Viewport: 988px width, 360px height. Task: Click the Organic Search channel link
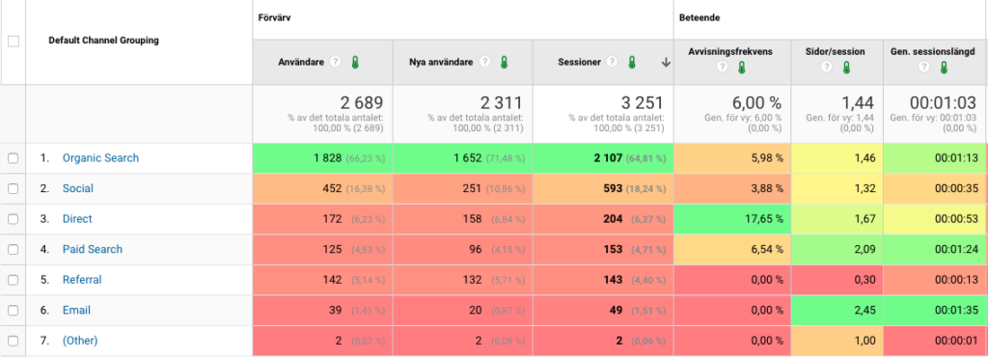tap(100, 158)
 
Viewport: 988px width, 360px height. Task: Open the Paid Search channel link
tap(92, 249)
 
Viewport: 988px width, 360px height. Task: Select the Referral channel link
tap(82, 279)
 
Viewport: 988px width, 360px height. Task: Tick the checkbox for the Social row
tap(14, 188)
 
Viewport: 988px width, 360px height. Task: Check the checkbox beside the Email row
tap(14, 310)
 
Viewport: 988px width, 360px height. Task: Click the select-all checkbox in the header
tap(14, 42)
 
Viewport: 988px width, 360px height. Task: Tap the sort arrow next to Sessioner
tap(666, 62)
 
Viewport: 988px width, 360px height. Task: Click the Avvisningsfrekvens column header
tap(730, 52)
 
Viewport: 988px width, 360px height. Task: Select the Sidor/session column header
tap(836, 52)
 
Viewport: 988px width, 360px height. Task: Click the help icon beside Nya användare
tap(484, 62)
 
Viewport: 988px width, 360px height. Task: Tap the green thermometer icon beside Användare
tap(355, 62)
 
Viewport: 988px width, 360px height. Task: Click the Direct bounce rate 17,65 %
tap(762, 219)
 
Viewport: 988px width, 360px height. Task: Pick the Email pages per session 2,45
tap(864, 310)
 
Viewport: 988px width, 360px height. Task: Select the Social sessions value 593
tap(613, 188)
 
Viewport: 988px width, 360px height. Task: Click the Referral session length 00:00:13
tap(955, 279)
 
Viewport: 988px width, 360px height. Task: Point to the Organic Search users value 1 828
tap(328, 158)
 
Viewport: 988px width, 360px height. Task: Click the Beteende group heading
tap(700, 18)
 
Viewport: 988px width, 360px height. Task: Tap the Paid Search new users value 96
tap(476, 249)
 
